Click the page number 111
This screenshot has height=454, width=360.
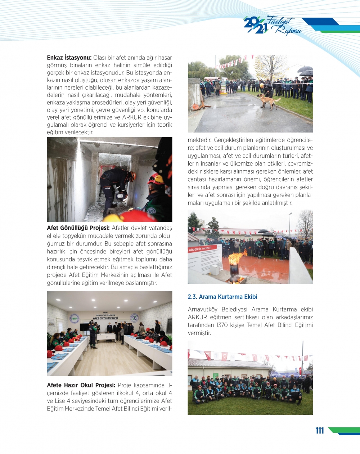[x=319, y=431]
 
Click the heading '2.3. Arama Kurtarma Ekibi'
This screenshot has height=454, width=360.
[x=222, y=297]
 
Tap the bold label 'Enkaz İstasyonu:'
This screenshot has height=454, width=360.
[x=69, y=58]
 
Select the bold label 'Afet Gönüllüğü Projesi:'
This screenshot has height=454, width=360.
[x=78, y=228]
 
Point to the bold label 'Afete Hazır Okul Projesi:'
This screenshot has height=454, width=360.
[x=81, y=385]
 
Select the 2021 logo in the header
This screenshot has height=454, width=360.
[x=255, y=26]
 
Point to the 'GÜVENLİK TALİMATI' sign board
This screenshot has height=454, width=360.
[x=204, y=257]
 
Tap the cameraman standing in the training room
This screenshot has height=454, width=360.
[x=93, y=334]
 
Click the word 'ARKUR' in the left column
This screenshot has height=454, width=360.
[x=132, y=117]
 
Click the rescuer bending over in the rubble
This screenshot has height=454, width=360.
[x=115, y=187]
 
